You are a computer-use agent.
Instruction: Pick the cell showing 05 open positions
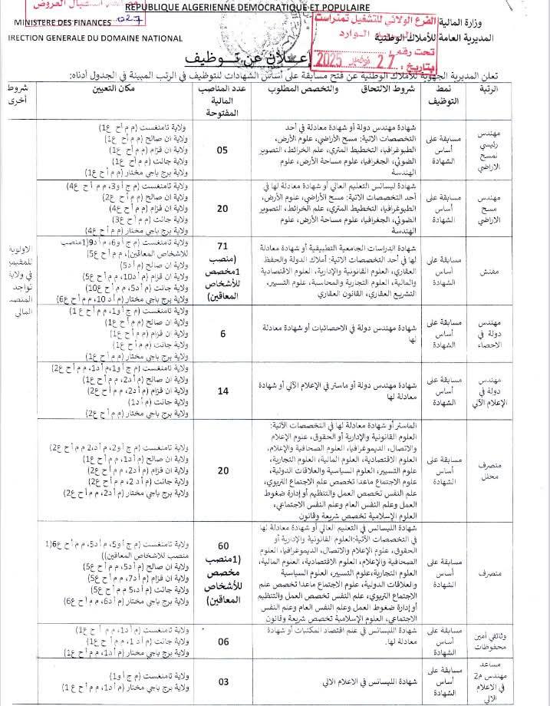[x=222, y=150]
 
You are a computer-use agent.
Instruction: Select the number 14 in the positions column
[x=222, y=391]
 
